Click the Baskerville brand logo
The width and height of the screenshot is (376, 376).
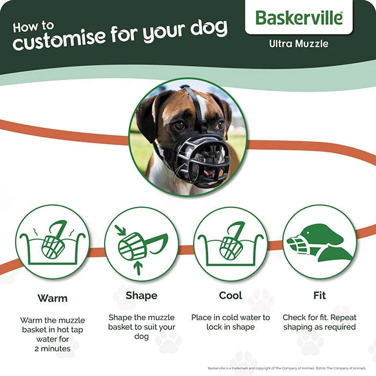click(299, 18)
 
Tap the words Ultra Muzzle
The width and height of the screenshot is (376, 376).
click(299, 44)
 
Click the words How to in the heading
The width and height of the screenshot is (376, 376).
click(33, 26)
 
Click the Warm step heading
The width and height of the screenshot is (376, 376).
click(52, 298)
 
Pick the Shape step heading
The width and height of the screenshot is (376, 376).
click(141, 295)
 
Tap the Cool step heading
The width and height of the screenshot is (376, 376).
click(230, 295)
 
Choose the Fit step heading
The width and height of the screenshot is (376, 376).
click(320, 295)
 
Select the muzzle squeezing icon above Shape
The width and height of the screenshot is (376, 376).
click(141, 243)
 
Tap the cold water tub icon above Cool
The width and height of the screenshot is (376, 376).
click(230, 243)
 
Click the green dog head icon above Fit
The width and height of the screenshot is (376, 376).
click(320, 242)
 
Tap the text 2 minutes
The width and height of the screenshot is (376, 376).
click(52, 349)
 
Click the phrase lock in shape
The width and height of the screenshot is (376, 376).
click(230, 327)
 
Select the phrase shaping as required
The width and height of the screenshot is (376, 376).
click(320, 327)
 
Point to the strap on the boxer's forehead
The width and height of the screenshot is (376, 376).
click(198, 105)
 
